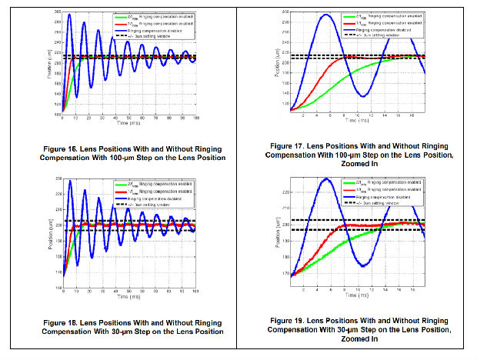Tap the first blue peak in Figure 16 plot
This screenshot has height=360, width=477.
(70, 15)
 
